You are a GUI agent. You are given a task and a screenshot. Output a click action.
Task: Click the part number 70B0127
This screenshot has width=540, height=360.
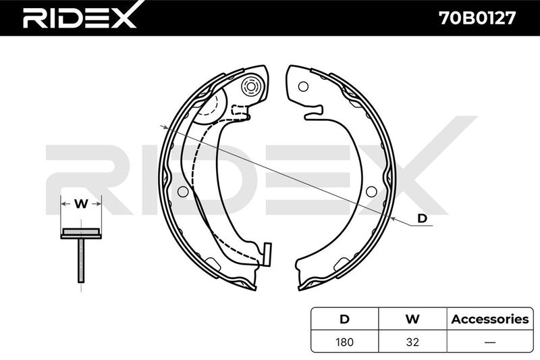(477, 18)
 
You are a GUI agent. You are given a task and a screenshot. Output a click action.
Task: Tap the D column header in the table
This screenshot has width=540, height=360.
(344, 319)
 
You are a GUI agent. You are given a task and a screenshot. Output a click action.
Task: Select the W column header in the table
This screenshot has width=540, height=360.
(412, 319)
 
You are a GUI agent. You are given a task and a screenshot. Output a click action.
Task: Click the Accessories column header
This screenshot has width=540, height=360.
(490, 319)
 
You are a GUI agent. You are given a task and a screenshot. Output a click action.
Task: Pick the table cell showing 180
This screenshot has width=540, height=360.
(344, 342)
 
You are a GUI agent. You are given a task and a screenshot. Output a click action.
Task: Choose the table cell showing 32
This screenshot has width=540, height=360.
(412, 342)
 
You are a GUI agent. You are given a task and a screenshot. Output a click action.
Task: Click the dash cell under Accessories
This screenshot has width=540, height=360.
(490, 342)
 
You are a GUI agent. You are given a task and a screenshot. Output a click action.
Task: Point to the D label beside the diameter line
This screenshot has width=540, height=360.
(423, 218)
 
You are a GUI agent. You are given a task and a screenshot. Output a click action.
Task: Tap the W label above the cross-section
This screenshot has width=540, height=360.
(81, 204)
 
